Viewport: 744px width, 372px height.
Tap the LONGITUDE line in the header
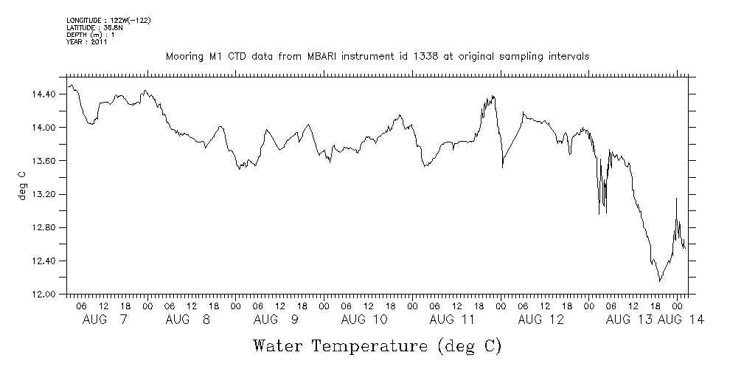[x=108, y=19]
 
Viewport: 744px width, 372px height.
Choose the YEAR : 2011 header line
[x=87, y=42]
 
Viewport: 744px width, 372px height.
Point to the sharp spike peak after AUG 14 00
[x=676, y=198]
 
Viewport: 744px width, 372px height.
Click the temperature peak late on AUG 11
[x=493, y=96]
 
